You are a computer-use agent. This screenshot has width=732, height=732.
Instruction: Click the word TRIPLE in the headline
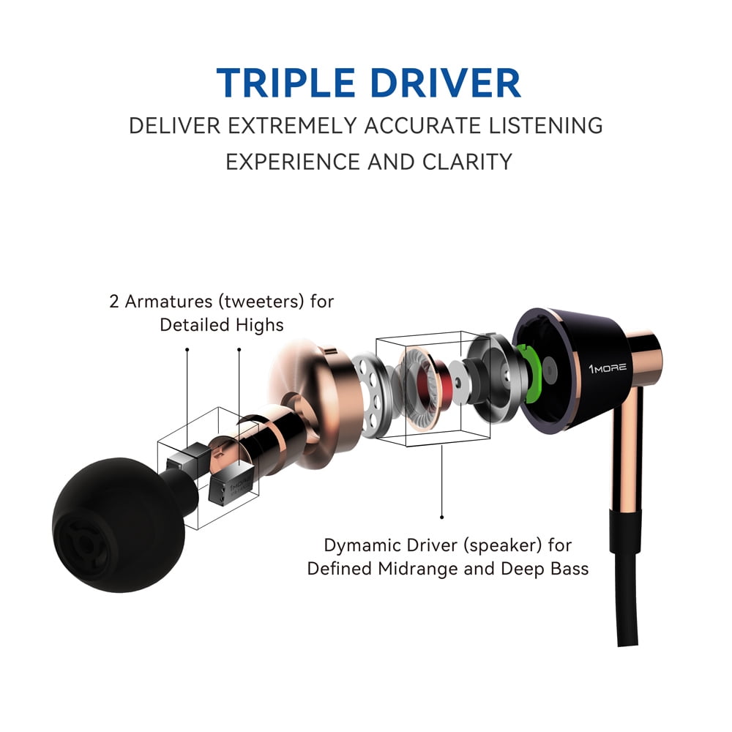tap(285, 83)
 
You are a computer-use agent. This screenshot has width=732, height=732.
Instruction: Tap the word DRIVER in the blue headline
tap(445, 83)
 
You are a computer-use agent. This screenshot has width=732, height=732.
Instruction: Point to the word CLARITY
tap(467, 162)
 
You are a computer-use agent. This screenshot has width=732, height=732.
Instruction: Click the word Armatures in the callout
tap(168, 301)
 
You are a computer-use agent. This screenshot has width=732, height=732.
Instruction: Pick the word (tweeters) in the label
tap(261, 302)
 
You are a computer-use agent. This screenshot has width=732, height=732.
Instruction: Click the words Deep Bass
tap(545, 569)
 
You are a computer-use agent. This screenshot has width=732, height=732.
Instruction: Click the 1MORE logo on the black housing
tap(608, 368)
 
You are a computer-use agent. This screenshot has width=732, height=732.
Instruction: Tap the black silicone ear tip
tap(122, 524)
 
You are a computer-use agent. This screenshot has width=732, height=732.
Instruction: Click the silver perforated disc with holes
tap(370, 395)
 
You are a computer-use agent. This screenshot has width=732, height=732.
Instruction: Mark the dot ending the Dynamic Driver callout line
tap(441, 517)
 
